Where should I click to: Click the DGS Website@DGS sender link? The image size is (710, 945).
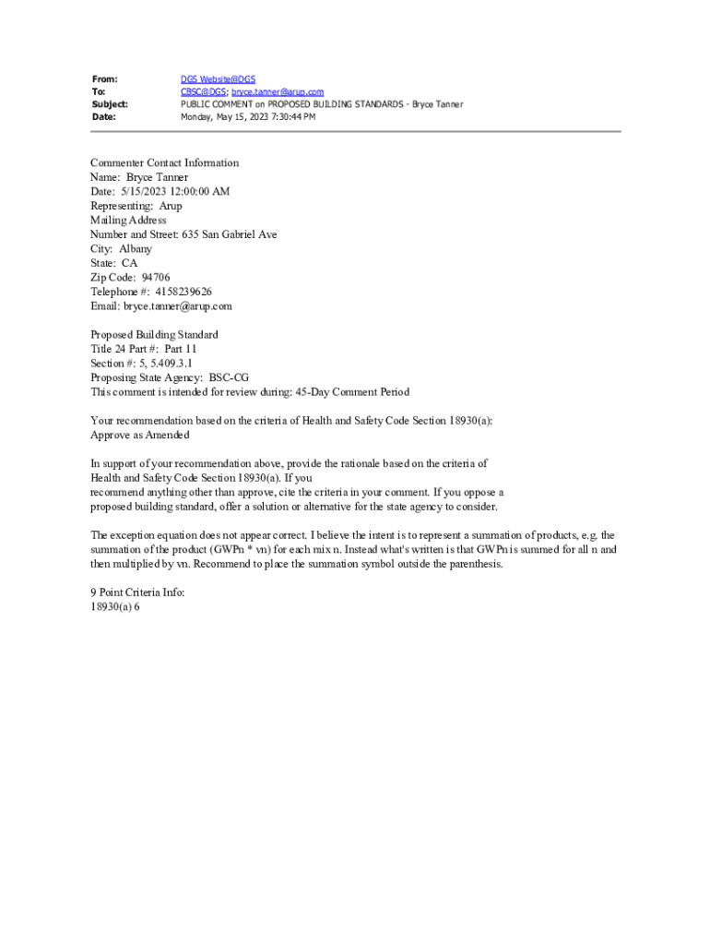point(218,79)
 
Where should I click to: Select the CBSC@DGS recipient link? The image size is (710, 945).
point(203,92)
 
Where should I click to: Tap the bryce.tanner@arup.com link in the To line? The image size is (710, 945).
point(278,92)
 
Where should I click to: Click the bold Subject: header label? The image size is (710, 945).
point(110,104)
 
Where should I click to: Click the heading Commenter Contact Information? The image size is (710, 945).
point(164,163)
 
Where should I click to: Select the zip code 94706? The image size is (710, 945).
point(156,278)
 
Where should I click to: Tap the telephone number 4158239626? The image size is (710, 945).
point(177,292)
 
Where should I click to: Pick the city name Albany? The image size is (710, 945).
point(136,249)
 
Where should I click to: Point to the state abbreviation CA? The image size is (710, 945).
point(129,263)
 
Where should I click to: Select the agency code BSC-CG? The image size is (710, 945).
point(229,377)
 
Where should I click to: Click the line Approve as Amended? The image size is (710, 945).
point(140,435)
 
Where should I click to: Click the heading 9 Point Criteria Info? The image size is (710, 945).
point(137,592)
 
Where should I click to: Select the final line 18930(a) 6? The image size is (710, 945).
point(115,607)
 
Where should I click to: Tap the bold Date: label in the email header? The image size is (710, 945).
point(104,117)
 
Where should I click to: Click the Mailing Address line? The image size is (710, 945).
point(128,221)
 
